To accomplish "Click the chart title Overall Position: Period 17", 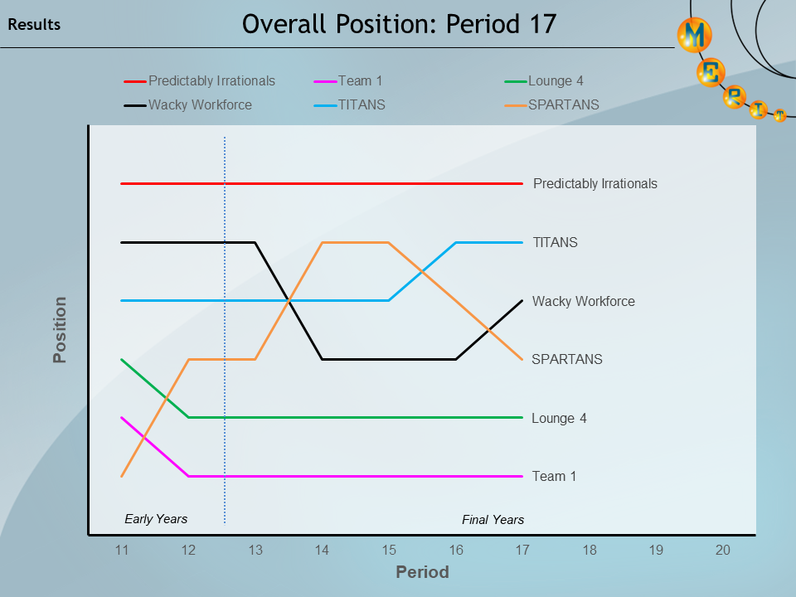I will tap(398, 24).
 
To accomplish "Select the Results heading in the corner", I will tap(34, 25).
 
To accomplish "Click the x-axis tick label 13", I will tap(255, 550).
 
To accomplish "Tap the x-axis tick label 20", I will tap(723, 550).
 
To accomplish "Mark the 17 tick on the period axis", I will tap(522, 550).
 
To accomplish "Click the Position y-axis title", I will tap(60, 330).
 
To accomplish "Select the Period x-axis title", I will tap(422, 572).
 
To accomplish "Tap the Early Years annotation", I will tap(156, 519).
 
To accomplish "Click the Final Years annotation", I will tap(493, 520).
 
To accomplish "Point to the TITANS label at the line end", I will tap(555, 243).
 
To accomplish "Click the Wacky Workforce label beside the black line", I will tap(583, 302).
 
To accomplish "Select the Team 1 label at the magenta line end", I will tap(554, 477).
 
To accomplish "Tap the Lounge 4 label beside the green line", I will tap(559, 419).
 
